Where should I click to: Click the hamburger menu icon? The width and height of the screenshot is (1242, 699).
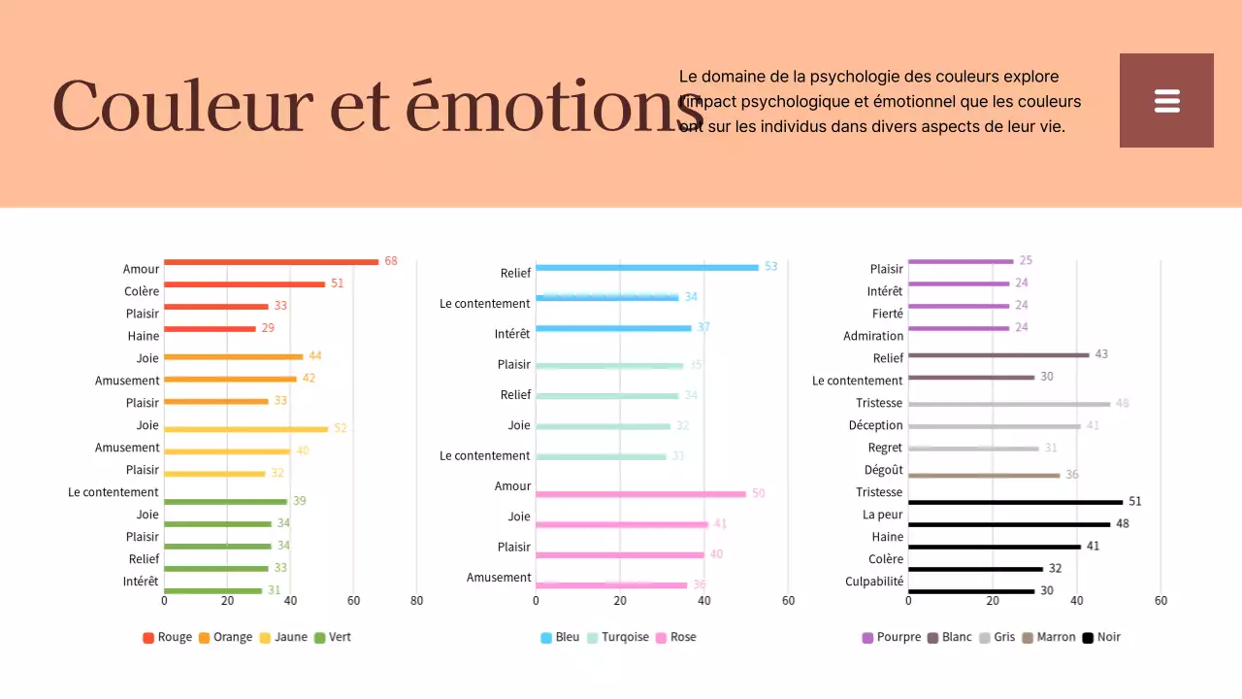1166,101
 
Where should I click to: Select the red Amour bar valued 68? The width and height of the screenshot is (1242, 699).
271,262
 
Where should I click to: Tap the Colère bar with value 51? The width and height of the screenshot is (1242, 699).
245,284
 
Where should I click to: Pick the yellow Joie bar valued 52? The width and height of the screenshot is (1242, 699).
246,429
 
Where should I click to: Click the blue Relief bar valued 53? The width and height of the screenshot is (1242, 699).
647,267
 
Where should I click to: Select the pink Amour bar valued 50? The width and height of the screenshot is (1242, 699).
640,494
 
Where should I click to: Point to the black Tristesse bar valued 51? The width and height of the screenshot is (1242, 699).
1015,502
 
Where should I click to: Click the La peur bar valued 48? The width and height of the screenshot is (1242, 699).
1009,524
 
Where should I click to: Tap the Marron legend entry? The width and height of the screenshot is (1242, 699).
1049,638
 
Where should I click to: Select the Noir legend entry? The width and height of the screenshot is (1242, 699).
1101,638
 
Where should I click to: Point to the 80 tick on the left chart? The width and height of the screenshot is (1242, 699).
416,601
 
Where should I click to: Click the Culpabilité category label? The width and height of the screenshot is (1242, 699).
873,582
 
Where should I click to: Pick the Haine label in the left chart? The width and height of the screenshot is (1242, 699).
144,336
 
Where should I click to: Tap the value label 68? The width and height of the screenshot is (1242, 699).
391,261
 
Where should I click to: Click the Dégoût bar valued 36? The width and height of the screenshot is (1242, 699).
984,476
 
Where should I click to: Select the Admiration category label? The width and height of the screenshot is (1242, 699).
872,336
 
